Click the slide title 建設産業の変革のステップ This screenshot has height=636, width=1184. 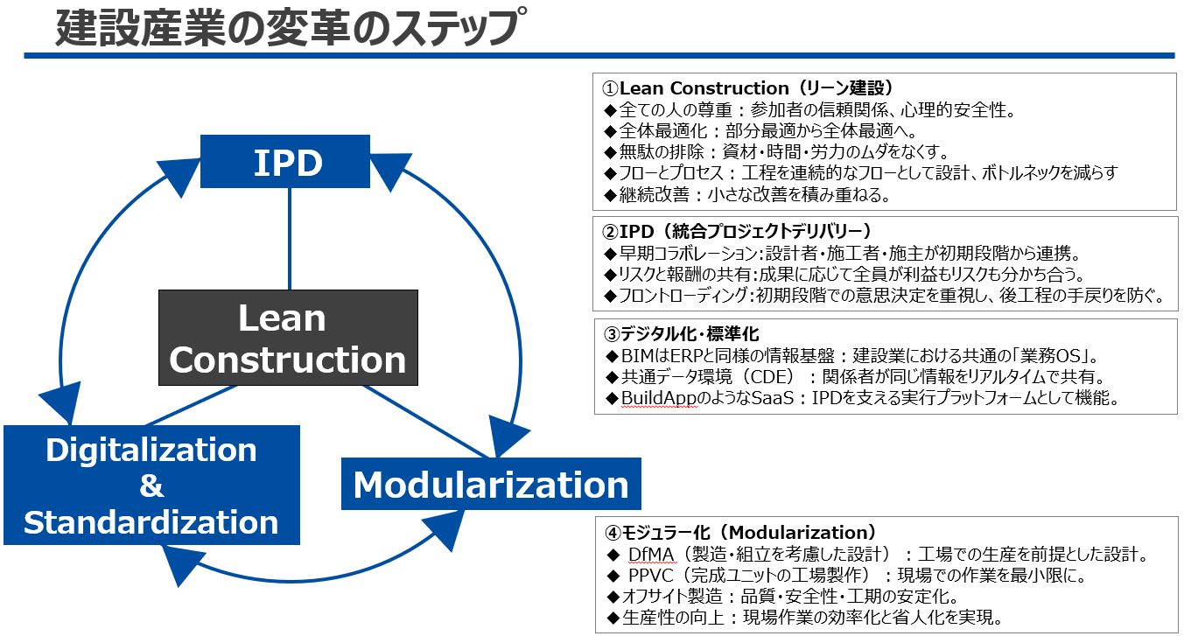tap(291, 26)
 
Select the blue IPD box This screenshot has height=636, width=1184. tap(285, 161)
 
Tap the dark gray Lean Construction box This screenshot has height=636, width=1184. tap(288, 338)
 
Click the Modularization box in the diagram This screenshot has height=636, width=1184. tap(491, 484)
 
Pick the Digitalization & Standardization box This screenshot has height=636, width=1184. tap(151, 485)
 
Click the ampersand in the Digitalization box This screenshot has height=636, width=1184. tap(151, 486)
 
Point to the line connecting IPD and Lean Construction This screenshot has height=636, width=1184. tap(290, 239)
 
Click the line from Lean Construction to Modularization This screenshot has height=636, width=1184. tap(424, 422)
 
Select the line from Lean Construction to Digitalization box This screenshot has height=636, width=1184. tap(192, 406)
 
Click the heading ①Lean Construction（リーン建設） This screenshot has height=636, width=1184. tap(748, 87)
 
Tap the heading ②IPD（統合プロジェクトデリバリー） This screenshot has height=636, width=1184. tap(737, 231)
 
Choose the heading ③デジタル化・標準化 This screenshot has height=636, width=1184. tap(682, 334)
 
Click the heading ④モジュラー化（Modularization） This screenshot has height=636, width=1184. tap(740, 533)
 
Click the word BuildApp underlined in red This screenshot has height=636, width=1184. tap(659, 398)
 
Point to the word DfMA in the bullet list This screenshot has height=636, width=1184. tap(651, 554)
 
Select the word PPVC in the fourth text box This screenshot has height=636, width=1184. tap(651, 576)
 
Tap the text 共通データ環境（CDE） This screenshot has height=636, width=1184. tap(708, 377)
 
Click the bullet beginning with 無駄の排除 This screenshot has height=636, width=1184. tap(776, 152)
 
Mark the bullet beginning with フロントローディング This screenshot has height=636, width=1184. tap(884, 296)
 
